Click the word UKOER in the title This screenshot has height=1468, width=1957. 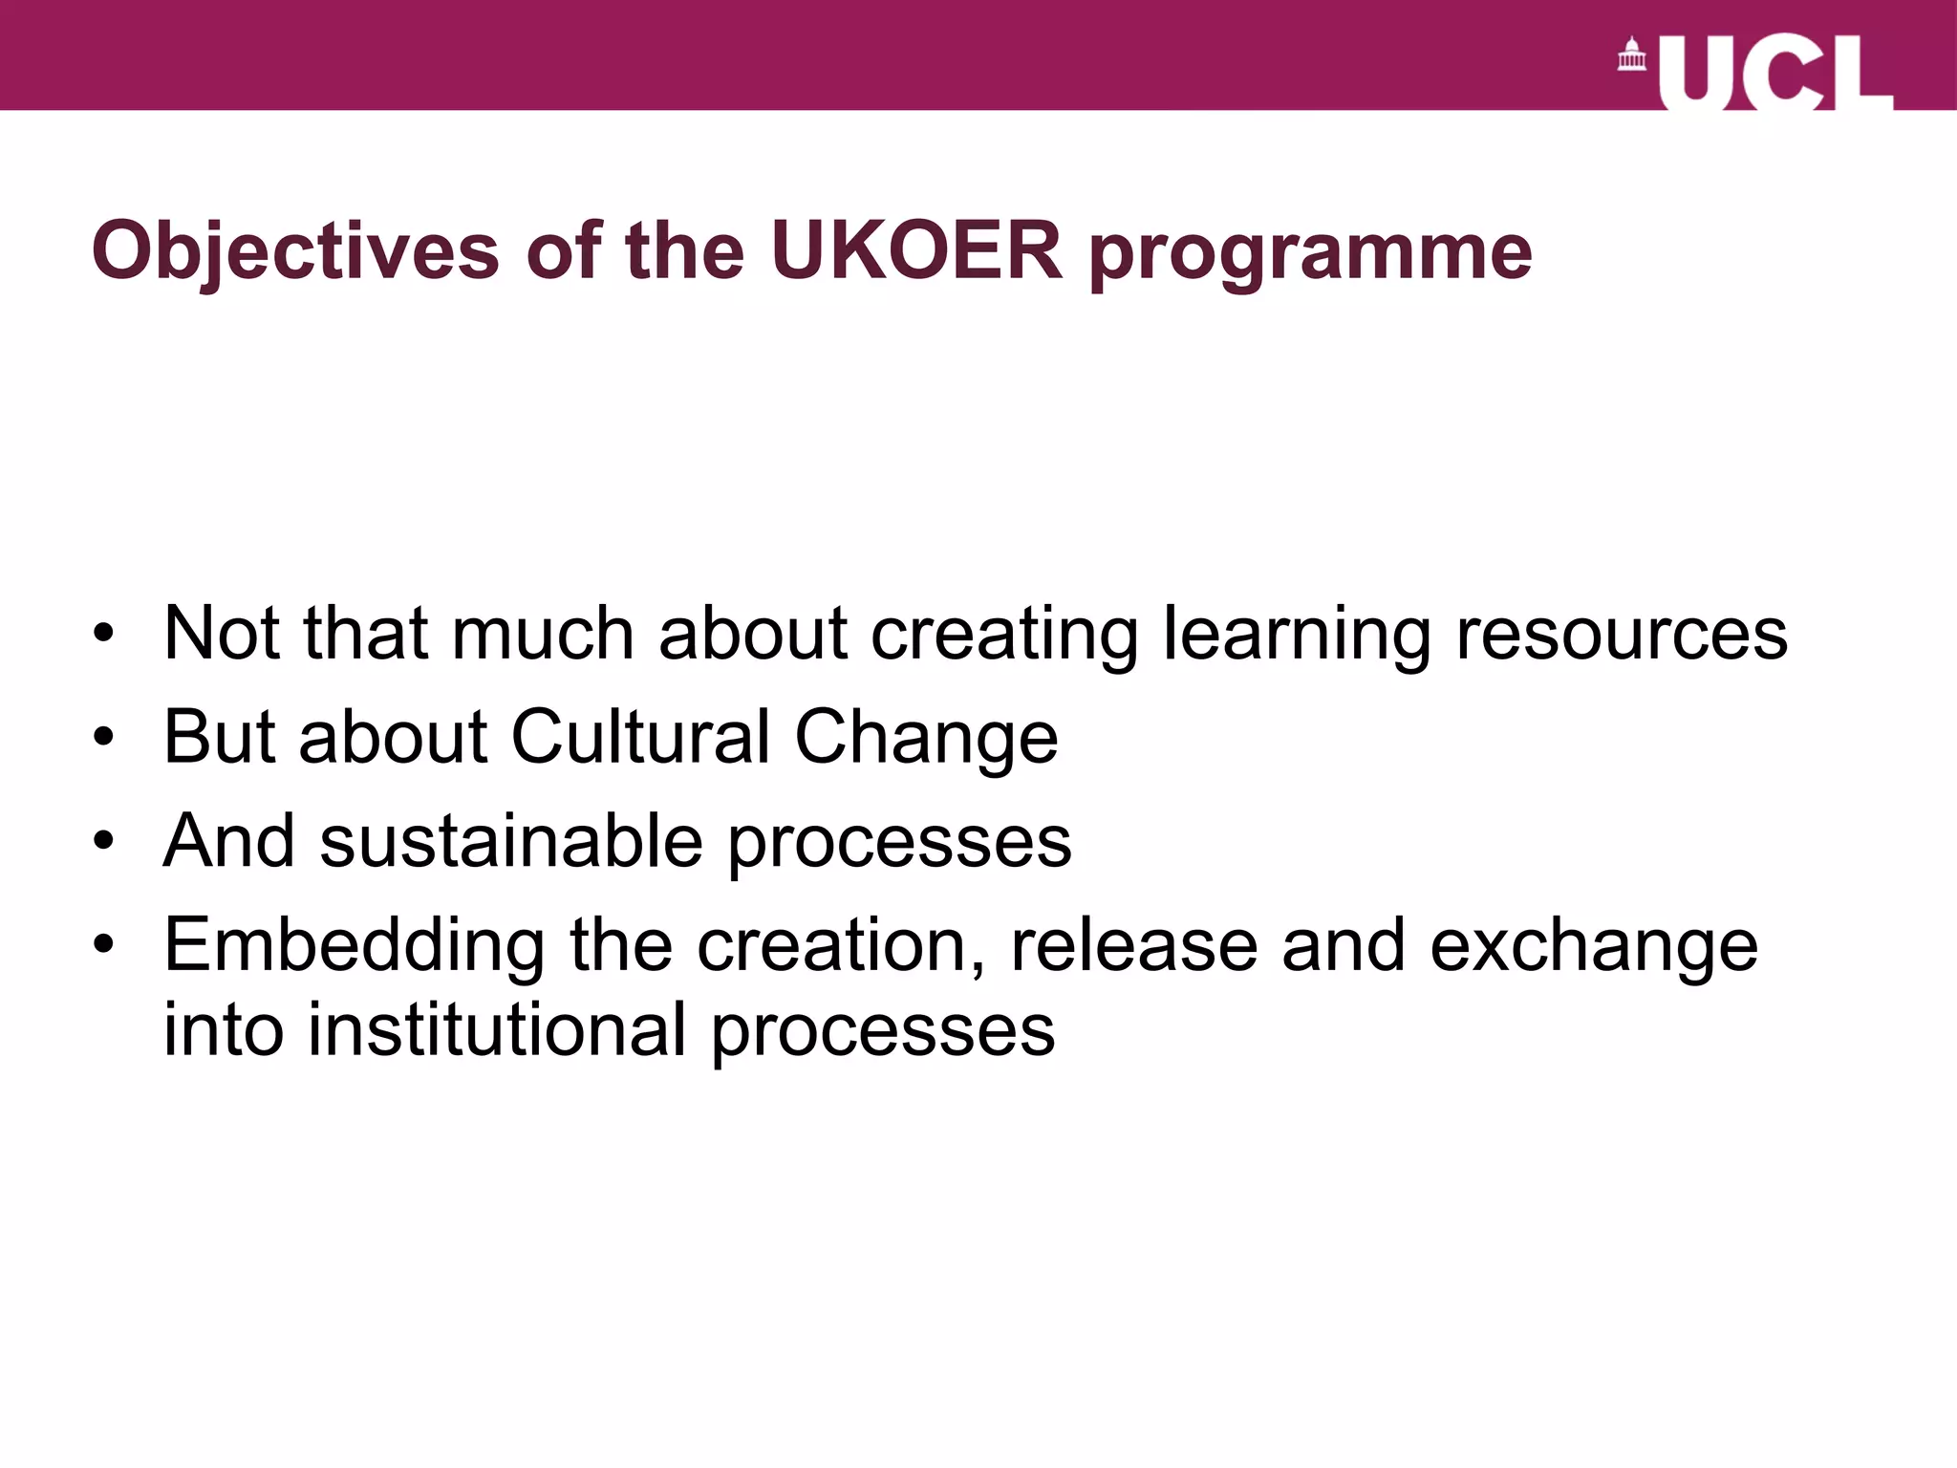[x=915, y=250]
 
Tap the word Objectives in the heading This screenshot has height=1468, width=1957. [x=295, y=252]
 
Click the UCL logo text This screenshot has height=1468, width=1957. [x=1774, y=74]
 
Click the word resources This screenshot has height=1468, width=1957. [x=1621, y=634]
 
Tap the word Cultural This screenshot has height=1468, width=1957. [x=640, y=737]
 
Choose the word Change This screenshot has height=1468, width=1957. [x=926, y=739]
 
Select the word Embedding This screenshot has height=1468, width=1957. [x=355, y=946]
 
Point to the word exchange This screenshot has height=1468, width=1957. [x=1593, y=946]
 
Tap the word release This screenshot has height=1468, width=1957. [x=1133, y=944]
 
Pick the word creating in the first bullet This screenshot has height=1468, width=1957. [x=1004, y=636]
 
